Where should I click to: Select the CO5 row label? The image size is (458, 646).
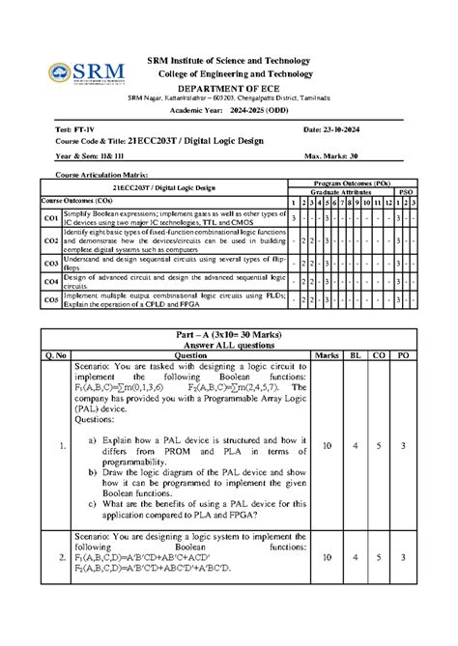point(50,299)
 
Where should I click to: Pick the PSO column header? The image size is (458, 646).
point(406,193)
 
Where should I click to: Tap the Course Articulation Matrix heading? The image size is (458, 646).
point(94,175)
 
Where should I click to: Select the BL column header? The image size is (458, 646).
point(355,355)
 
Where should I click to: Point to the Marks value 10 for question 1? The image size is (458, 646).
point(326,446)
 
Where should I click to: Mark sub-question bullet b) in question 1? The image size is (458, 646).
point(92,473)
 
